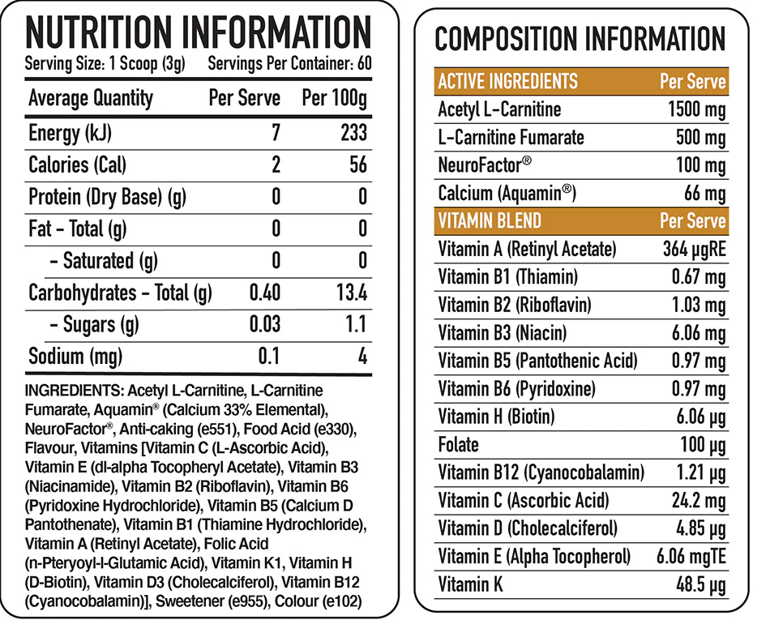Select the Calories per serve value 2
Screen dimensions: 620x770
coord(276,165)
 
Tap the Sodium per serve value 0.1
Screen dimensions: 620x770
coord(269,356)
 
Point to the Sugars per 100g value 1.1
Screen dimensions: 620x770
coord(357,324)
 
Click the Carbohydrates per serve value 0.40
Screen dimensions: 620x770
coord(264,293)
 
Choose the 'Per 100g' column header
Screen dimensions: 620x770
coord(334,99)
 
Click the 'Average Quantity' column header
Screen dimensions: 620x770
coord(91,99)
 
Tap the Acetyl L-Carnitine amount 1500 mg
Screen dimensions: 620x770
coord(694,110)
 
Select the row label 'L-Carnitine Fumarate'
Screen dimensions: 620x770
coord(511,137)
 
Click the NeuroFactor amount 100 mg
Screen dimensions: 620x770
coord(701,165)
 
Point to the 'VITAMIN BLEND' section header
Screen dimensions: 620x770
coord(490,220)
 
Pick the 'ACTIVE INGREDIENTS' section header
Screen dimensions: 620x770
coord(508,82)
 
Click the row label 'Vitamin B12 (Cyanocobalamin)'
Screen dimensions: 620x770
coord(541,472)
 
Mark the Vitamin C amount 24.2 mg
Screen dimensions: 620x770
coord(698,501)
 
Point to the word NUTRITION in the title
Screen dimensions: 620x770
coord(96,32)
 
